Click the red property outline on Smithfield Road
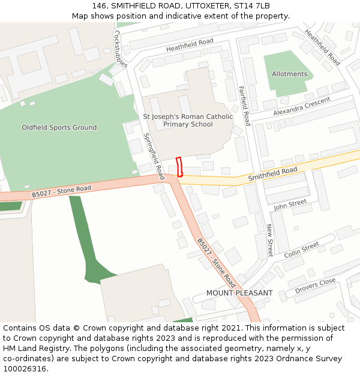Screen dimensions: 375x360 click(x=179, y=166)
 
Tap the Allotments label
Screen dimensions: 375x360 click(x=289, y=74)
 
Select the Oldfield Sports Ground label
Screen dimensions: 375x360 click(x=59, y=128)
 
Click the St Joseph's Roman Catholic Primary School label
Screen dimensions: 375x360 click(x=188, y=120)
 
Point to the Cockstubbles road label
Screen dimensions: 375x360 click(x=121, y=49)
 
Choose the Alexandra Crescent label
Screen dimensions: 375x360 click(x=301, y=106)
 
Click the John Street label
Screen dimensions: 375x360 click(x=290, y=205)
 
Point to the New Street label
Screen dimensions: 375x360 click(x=269, y=241)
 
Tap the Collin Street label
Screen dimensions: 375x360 click(x=302, y=249)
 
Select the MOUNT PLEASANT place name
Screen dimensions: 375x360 click(x=239, y=293)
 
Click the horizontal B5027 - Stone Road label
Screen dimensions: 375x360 click(x=61, y=192)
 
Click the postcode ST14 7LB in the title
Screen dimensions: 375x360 click(x=251, y=5)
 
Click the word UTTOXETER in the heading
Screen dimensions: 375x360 click(x=190, y=5)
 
